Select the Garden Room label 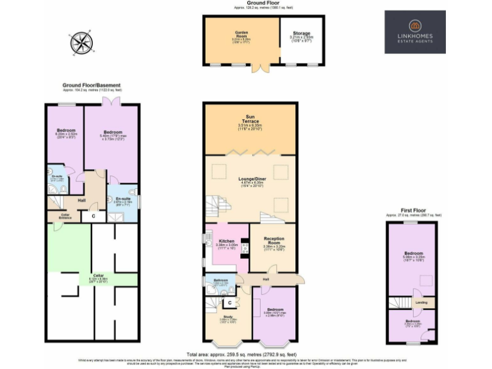click(241, 37)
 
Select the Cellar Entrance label click(65, 217)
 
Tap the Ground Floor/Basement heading click(91, 85)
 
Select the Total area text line click(242, 354)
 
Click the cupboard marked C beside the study click(228, 303)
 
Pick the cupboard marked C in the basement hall click(94, 216)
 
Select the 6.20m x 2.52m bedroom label click(65, 132)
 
